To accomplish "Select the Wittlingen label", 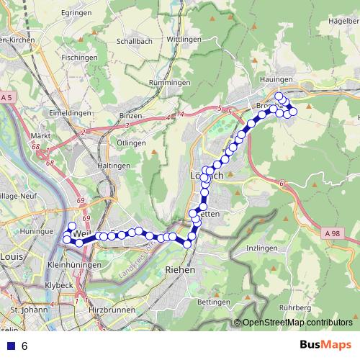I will [x=183, y=39].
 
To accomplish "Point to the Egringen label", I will [x=76, y=13].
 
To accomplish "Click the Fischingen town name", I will [x=79, y=57].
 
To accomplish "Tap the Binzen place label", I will [x=131, y=115].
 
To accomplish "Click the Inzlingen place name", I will [x=261, y=248].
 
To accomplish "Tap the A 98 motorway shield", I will [x=332, y=233].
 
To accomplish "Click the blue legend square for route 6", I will [x=9, y=346].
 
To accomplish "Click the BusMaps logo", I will [x=326, y=345].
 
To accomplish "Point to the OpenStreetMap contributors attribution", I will [x=297, y=323].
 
